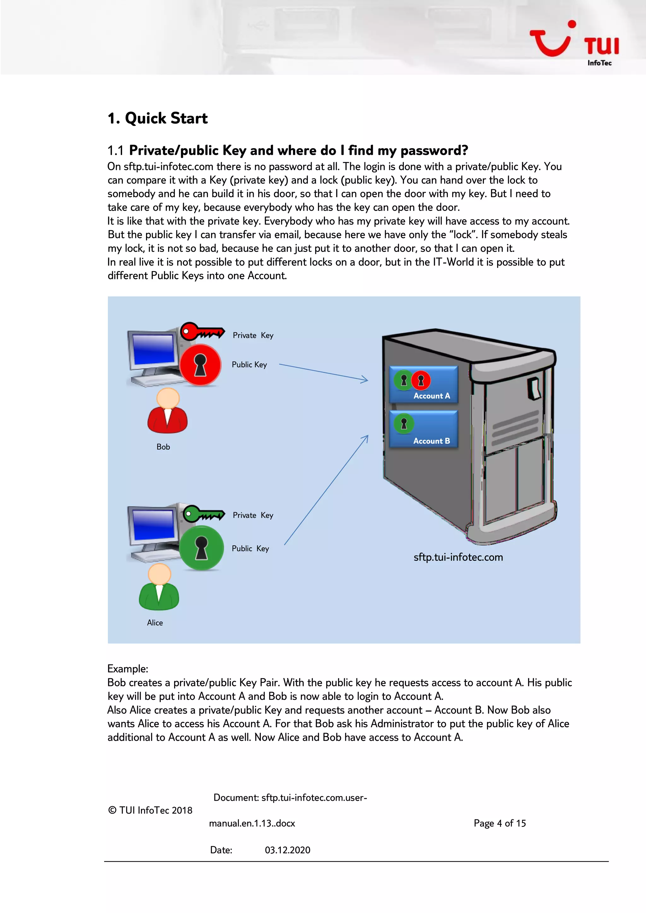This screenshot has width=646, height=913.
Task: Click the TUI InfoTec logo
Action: [575, 43]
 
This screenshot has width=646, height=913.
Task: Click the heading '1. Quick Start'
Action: [157, 119]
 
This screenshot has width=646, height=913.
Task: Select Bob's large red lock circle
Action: [200, 365]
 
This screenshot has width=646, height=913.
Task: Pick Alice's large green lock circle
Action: [201, 548]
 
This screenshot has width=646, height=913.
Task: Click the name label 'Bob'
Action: [163, 447]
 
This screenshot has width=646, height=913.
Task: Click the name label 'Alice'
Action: [155, 623]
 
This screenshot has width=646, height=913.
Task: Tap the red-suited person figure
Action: [167, 411]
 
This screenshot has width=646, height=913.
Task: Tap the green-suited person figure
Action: [159, 588]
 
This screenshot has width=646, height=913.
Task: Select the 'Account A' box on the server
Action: [424, 385]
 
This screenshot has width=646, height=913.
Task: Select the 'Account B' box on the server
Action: [424, 429]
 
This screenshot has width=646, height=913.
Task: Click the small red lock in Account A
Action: [421, 380]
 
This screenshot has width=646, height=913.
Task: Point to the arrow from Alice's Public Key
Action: [326, 490]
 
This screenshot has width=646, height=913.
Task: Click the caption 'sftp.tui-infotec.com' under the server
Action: [458, 557]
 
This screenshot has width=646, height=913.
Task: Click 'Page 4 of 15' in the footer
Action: [500, 823]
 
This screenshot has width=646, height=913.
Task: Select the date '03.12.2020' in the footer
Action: [287, 850]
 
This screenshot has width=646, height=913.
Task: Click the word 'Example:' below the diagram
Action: [128, 669]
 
